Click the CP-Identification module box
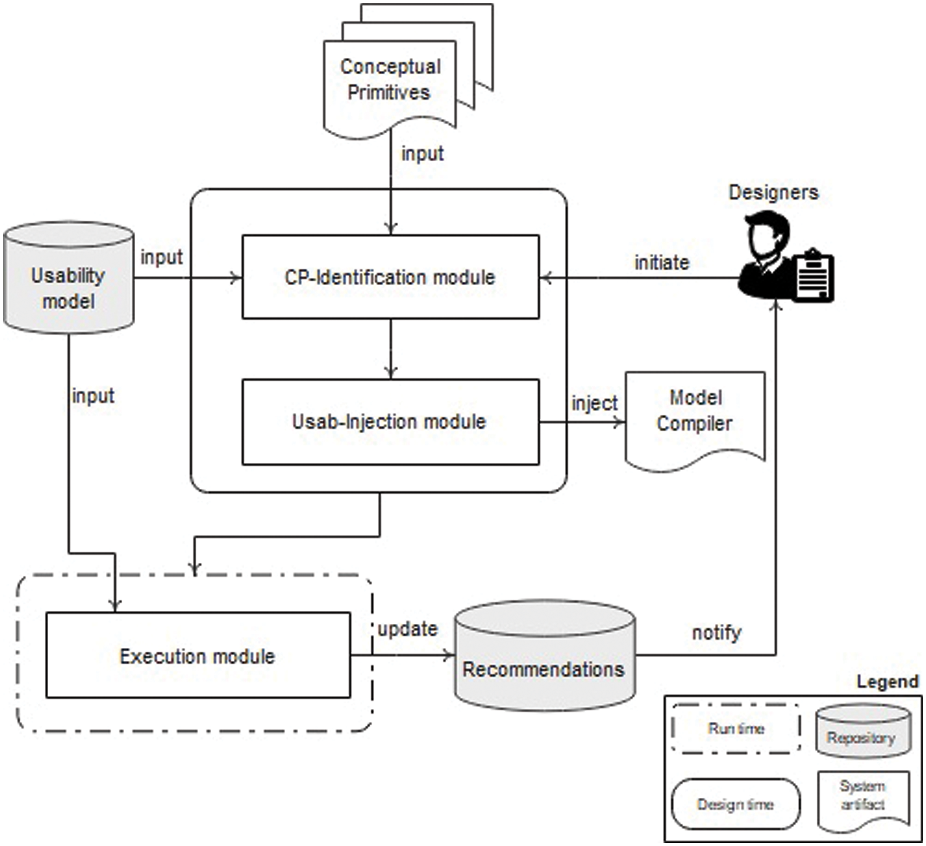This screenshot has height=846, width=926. click(x=390, y=277)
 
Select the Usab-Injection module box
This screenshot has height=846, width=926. click(x=390, y=421)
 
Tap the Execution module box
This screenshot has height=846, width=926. click(x=198, y=655)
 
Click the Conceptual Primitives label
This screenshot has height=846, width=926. click(x=390, y=79)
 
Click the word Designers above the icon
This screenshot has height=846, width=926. click(x=774, y=192)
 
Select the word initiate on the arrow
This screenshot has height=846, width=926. click(x=662, y=262)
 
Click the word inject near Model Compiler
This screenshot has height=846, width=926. click(x=594, y=403)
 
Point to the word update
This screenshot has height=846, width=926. click(x=407, y=629)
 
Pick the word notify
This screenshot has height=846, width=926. click(x=716, y=632)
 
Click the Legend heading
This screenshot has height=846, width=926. click(x=887, y=681)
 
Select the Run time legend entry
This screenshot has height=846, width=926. click(x=736, y=729)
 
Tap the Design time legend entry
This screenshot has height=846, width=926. click(x=735, y=804)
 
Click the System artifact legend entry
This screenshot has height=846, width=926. click(x=862, y=795)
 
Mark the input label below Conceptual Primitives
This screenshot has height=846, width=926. click(x=422, y=153)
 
